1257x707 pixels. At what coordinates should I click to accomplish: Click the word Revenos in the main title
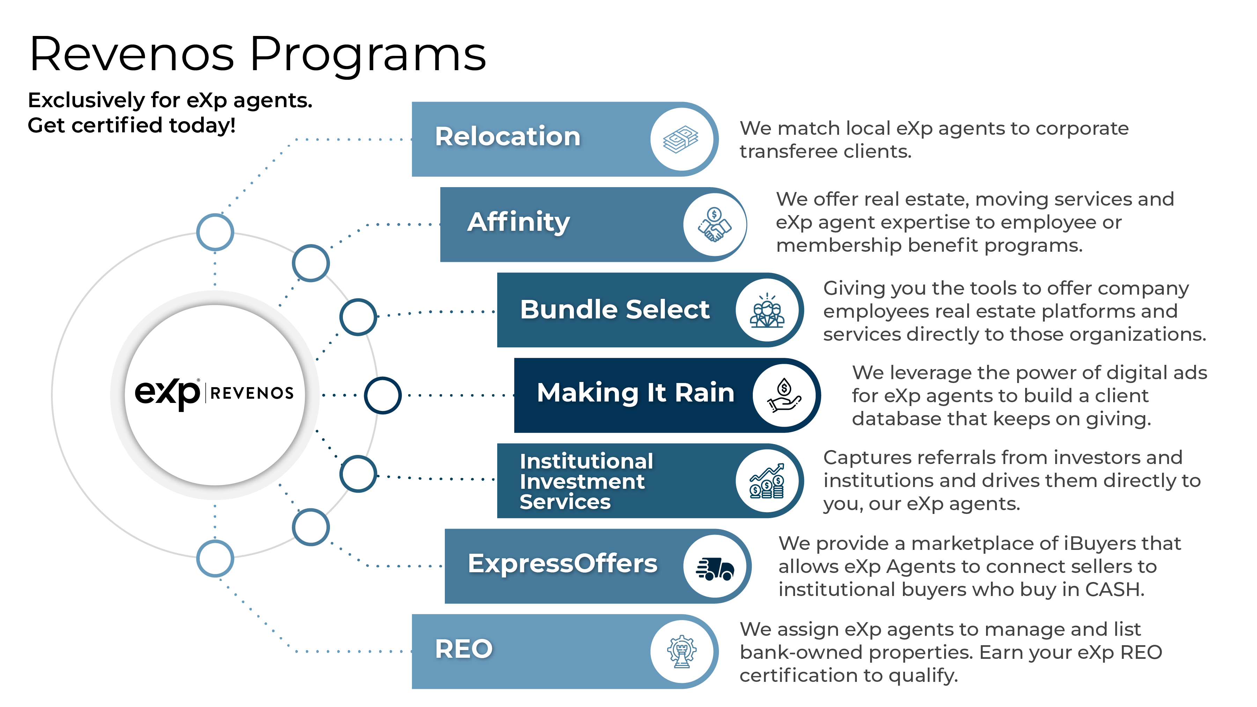pos(132,55)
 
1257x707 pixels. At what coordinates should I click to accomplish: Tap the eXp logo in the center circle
pos(167,393)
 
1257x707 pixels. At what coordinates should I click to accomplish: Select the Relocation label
pos(507,137)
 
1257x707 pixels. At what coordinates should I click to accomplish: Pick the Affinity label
pos(518,222)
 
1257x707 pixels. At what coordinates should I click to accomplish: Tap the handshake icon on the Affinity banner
pos(714,224)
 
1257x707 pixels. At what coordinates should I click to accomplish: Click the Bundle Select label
pos(614,309)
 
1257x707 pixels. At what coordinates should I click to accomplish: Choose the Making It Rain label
pos(635,393)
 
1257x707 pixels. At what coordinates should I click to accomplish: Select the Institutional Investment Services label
pos(586,481)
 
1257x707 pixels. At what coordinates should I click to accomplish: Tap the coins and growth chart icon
pos(766,481)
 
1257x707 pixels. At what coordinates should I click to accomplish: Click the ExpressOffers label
pos(562,564)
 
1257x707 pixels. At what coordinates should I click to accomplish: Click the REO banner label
pos(464,649)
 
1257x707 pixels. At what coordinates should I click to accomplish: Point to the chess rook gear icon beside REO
pos(682,651)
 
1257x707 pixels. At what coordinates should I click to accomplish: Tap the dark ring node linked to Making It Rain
pos(383,395)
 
